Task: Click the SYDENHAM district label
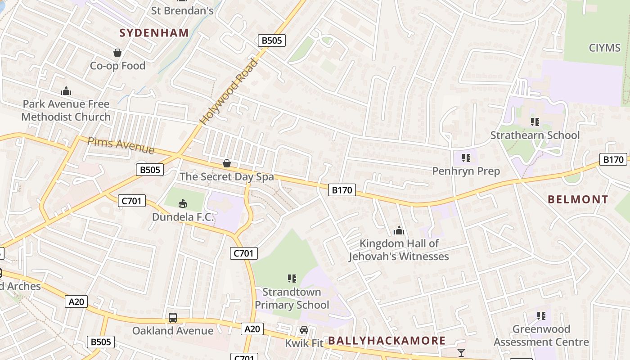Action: coord(154,32)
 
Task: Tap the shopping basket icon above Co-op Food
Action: coord(117,53)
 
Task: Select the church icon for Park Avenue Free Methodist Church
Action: coord(66,91)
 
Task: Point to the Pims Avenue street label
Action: coord(121,145)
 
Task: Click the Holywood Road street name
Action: coord(229,92)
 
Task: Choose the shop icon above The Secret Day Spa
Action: coord(227,163)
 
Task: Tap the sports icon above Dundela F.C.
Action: coord(183,203)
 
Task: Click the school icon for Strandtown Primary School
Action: coord(292,279)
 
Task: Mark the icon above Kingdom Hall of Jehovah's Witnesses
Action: coord(399,231)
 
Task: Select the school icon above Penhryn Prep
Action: coord(466,158)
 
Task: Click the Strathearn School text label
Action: coord(535,135)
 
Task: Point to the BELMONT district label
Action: coord(578,199)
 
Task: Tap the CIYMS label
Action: coord(604,48)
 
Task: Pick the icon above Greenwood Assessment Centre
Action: coord(541,316)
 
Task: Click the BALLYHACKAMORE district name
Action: coord(387,341)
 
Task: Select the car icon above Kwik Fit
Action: coord(304,330)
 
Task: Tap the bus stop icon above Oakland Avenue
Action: coord(173,318)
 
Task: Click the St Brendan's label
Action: coord(182,11)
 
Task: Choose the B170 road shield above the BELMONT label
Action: coord(613,159)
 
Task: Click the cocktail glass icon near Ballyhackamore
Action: coord(461,352)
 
